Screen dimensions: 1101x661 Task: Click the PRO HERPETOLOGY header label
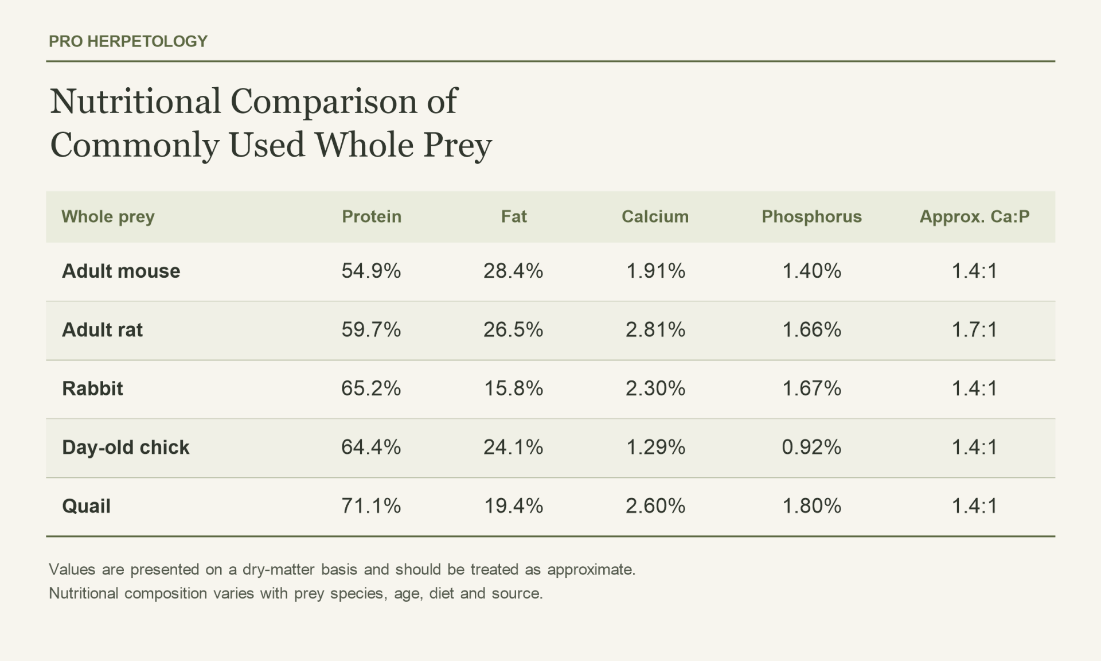[x=128, y=41]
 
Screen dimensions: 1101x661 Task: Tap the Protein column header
[x=372, y=216]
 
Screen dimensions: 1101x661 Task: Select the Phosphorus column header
[x=811, y=216]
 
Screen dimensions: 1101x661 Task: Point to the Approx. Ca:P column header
[x=974, y=216]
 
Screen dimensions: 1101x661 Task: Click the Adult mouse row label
[x=121, y=271]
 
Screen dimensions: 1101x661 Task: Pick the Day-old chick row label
[x=126, y=448]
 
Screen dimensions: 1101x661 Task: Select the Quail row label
[x=86, y=506]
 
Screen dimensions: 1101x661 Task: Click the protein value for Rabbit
[x=371, y=388]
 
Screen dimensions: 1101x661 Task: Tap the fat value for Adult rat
[x=513, y=329]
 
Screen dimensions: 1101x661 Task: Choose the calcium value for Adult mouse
[x=655, y=271]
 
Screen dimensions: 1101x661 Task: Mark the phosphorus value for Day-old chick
[x=811, y=447]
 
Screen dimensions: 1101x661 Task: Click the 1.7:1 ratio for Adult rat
[x=974, y=329]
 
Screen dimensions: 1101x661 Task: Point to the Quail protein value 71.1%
[x=371, y=506]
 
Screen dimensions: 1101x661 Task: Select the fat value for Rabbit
[x=513, y=388]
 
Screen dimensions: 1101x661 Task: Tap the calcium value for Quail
[x=655, y=506]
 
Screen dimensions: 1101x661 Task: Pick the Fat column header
[x=514, y=216]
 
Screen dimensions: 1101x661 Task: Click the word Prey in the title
[x=458, y=146]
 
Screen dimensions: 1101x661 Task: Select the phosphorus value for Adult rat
[x=811, y=329]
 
